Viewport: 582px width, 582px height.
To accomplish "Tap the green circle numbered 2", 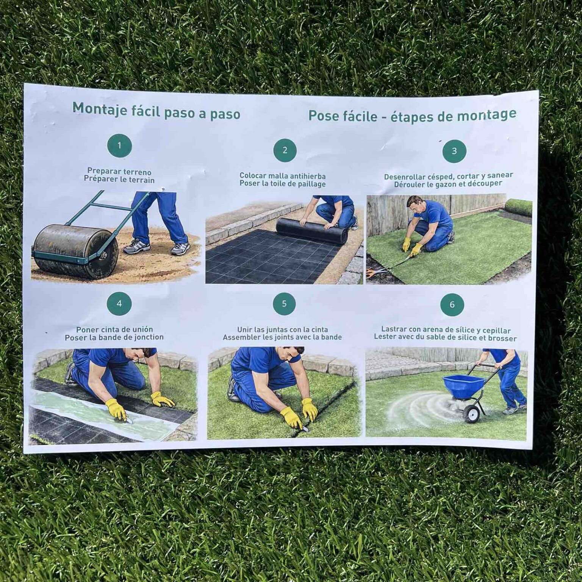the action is [x=285, y=150].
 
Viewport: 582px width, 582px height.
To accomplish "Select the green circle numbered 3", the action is [x=454, y=151].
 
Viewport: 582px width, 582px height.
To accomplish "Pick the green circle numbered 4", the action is [x=119, y=304].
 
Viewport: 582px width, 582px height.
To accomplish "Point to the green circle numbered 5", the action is [x=285, y=304].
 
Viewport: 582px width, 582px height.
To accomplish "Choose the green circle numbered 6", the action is [x=452, y=305].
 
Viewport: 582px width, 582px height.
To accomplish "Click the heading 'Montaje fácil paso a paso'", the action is [x=156, y=111].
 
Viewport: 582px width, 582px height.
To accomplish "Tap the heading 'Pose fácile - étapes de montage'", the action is [x=412, y=115].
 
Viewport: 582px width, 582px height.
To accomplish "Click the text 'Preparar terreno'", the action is [x=119, y=171].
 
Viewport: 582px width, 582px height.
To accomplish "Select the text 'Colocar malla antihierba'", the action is [x=283, y=176].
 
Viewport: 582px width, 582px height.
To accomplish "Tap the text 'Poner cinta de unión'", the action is [x=114, y=329].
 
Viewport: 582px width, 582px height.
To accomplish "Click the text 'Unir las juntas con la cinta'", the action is [x=283, y=330].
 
